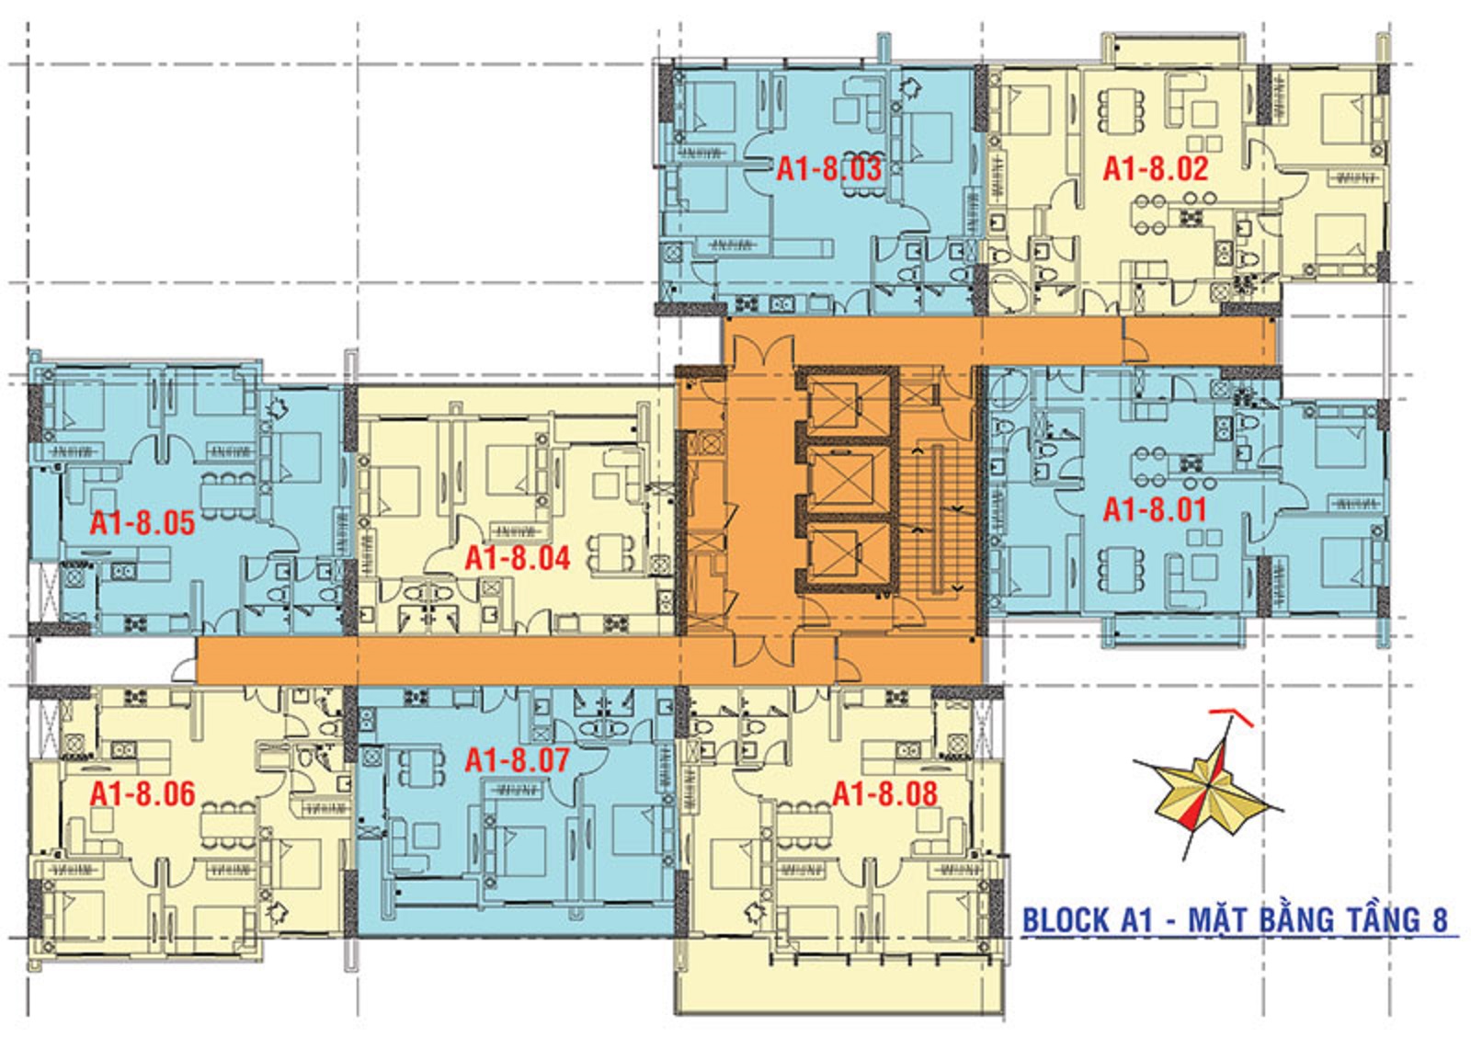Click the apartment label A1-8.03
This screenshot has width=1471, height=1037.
[x=828, y=169]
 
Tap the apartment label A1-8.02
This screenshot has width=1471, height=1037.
[x=1156, y=169]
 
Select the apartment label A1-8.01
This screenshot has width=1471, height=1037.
[x=1155, y=509]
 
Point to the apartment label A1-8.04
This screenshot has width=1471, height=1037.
[x=519, y=558]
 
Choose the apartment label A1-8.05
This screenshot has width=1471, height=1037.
[x=143, y=523]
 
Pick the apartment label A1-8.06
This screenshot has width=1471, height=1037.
[x=143, y=794]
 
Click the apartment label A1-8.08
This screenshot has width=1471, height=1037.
[x=885, y=794]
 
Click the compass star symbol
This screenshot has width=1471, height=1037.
[x=1208, y=786]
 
